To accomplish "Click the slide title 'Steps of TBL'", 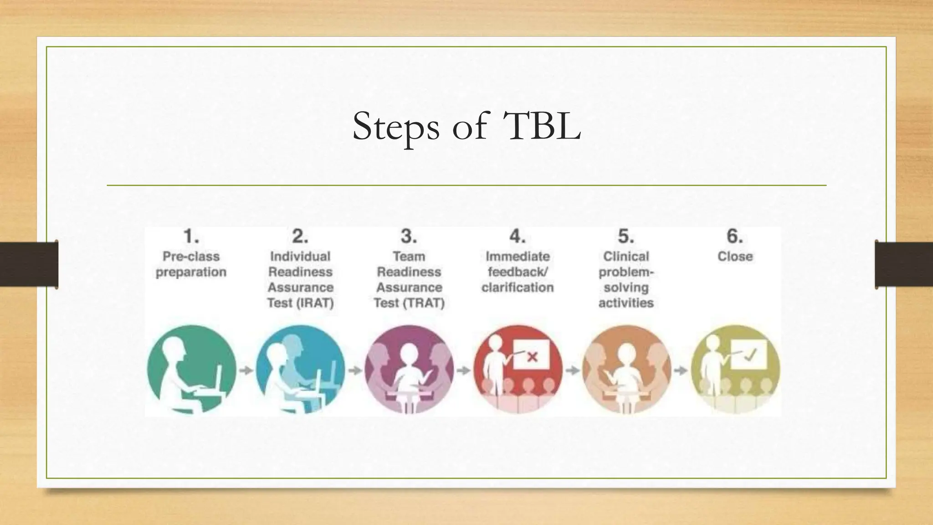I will [x=466, y=126].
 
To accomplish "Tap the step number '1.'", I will [x=191, y=237].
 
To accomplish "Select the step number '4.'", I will [x=518, y=237].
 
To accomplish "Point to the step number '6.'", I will [x=735, y=237].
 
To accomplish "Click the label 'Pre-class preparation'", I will [x=191, y=264].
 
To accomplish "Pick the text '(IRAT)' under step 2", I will [x=316, y=303].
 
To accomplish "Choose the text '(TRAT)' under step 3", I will [x=425, y=303].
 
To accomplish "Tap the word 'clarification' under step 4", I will [x=518, y=288].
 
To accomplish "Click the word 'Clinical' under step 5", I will [x=626, y=257].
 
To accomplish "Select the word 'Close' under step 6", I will [x=735, y=257].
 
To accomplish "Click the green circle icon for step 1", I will [x=191, y=370].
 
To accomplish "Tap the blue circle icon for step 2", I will [x=300, y=370].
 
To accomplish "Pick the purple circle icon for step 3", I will [x=409, y=370].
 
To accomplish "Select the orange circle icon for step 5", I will [x=626, y=370].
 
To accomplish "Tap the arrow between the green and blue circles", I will [x=246, y=370].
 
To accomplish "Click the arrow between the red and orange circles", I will [x=572, y=370].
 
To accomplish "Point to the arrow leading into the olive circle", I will [x=681, y=370].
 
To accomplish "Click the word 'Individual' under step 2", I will [x=300, y=257].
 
